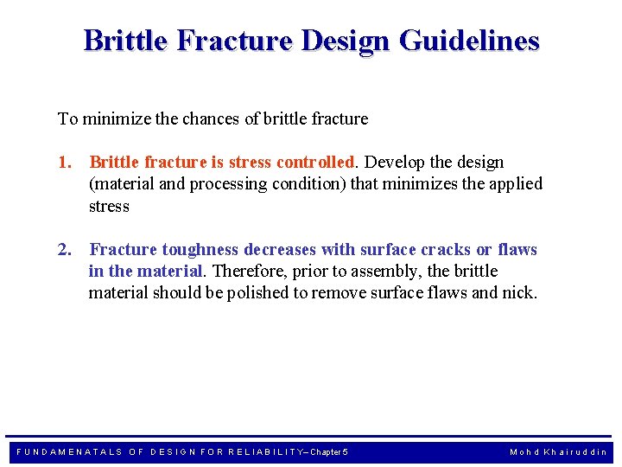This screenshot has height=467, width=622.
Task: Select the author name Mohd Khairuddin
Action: (x=558, y=452)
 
